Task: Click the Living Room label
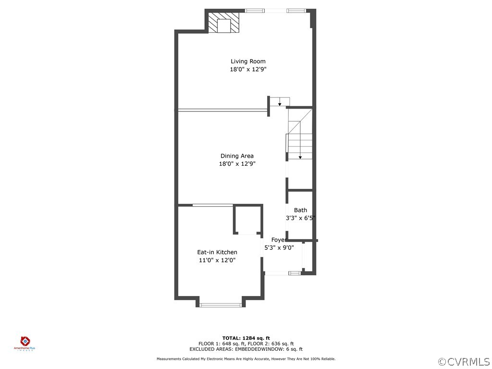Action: pos(248,61)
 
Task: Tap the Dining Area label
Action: pos(237,156)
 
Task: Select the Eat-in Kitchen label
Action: pos(217,252)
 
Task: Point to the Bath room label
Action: pos(301,210)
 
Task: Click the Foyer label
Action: pos(279,240)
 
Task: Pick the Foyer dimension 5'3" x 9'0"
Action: pos(279,248)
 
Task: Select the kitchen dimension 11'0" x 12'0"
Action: pos(217,260)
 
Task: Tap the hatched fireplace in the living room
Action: pos(223,23)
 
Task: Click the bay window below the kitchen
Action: pos(221,304)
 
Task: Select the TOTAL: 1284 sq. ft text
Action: pos(246,338)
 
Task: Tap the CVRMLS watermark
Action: pos(464,361)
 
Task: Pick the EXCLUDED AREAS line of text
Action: pos(246,349)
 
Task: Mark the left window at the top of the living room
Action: pos(255,11)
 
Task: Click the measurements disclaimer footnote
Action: pos(246,359)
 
